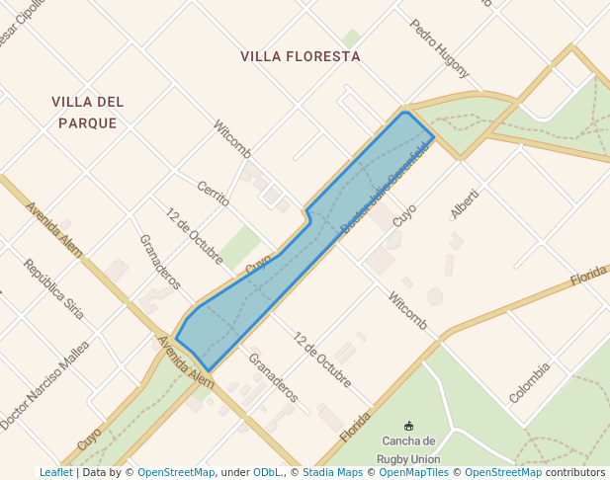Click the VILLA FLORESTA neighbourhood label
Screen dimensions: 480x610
point(301,56)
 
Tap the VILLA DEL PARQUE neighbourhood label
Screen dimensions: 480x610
point(88,113)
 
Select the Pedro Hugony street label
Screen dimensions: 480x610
point(439,48)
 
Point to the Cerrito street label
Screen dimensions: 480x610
point(213,194)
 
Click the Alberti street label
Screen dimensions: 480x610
point(464,203)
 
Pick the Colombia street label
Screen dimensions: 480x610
point(529,383)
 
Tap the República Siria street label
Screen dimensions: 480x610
point(54,288)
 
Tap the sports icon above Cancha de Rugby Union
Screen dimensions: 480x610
point(408,426)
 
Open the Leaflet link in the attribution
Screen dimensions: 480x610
point(56,473)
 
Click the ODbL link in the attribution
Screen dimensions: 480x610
point(267,473)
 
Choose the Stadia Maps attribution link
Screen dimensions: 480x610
point(332,473)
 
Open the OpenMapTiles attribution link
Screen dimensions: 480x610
point(414,473)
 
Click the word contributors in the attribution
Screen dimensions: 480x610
point(575,473)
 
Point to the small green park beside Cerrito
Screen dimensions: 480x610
point(239,245)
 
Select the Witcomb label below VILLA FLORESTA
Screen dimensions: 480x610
point(232,138)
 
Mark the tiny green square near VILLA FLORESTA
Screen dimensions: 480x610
point(351,38)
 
